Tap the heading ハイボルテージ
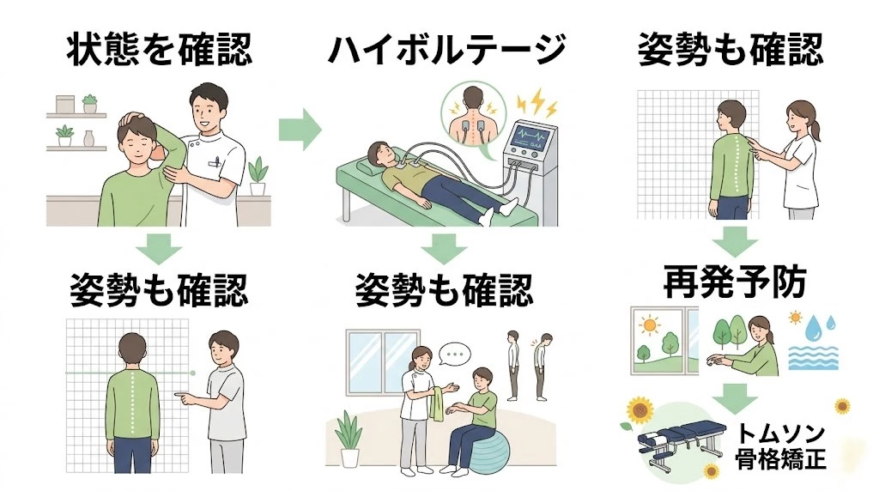coord(446,49)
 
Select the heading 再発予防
coord(734,282)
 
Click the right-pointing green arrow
coord(300,130)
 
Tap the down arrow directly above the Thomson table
coord(734,397)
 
